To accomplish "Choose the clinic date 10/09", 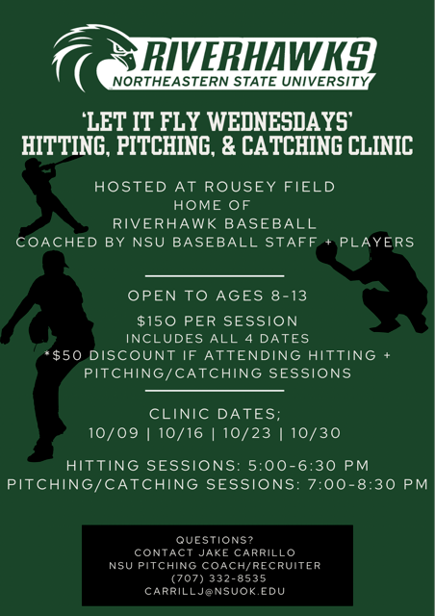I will [x=109, y=433].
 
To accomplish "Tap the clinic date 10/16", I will [x=178, y=433].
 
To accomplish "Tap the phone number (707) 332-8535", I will [x=217, y=577].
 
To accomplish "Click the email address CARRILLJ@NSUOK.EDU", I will [x=217, y=590].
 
